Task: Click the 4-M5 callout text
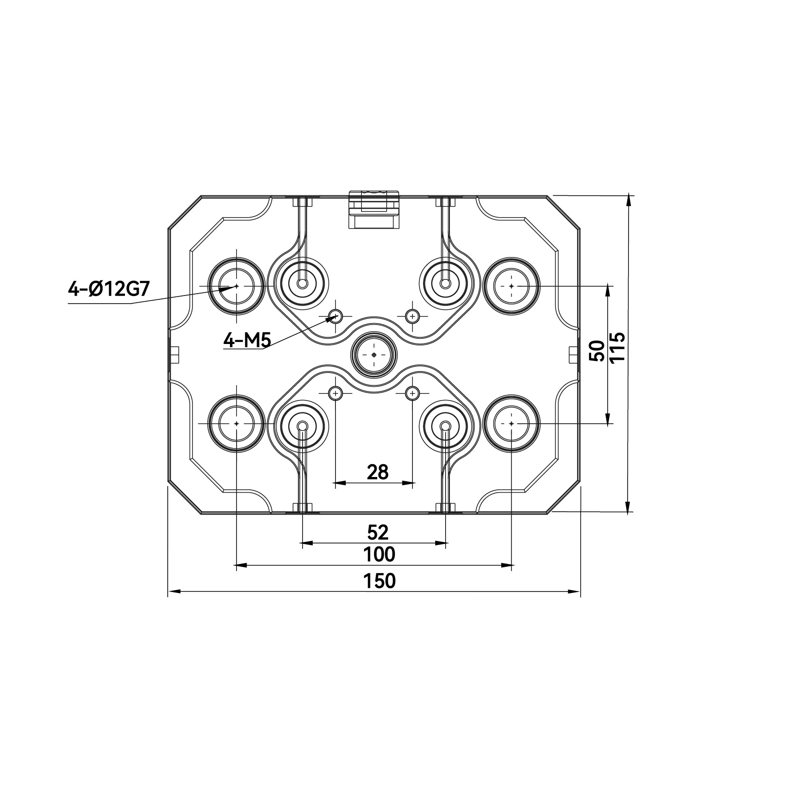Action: pos(247,340)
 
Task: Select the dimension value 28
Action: pos(378,472)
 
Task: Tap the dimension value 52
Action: pos(378,533)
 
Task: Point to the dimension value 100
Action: pos(379,554)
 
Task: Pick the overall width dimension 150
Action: pos(379,581)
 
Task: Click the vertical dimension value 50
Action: pos(597,351)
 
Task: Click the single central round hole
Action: pos(374,355)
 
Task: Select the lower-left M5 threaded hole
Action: pos(336,393)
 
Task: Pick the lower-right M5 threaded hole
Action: pos(412,393)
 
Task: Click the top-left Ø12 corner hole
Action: pos(237,286)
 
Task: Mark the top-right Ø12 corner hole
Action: pos(511,286)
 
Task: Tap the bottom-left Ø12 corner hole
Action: pos(237,423)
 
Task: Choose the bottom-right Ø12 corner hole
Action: pos(511,423)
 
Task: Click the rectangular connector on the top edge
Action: pos(374,210)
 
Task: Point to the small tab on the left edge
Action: pos(173,354)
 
